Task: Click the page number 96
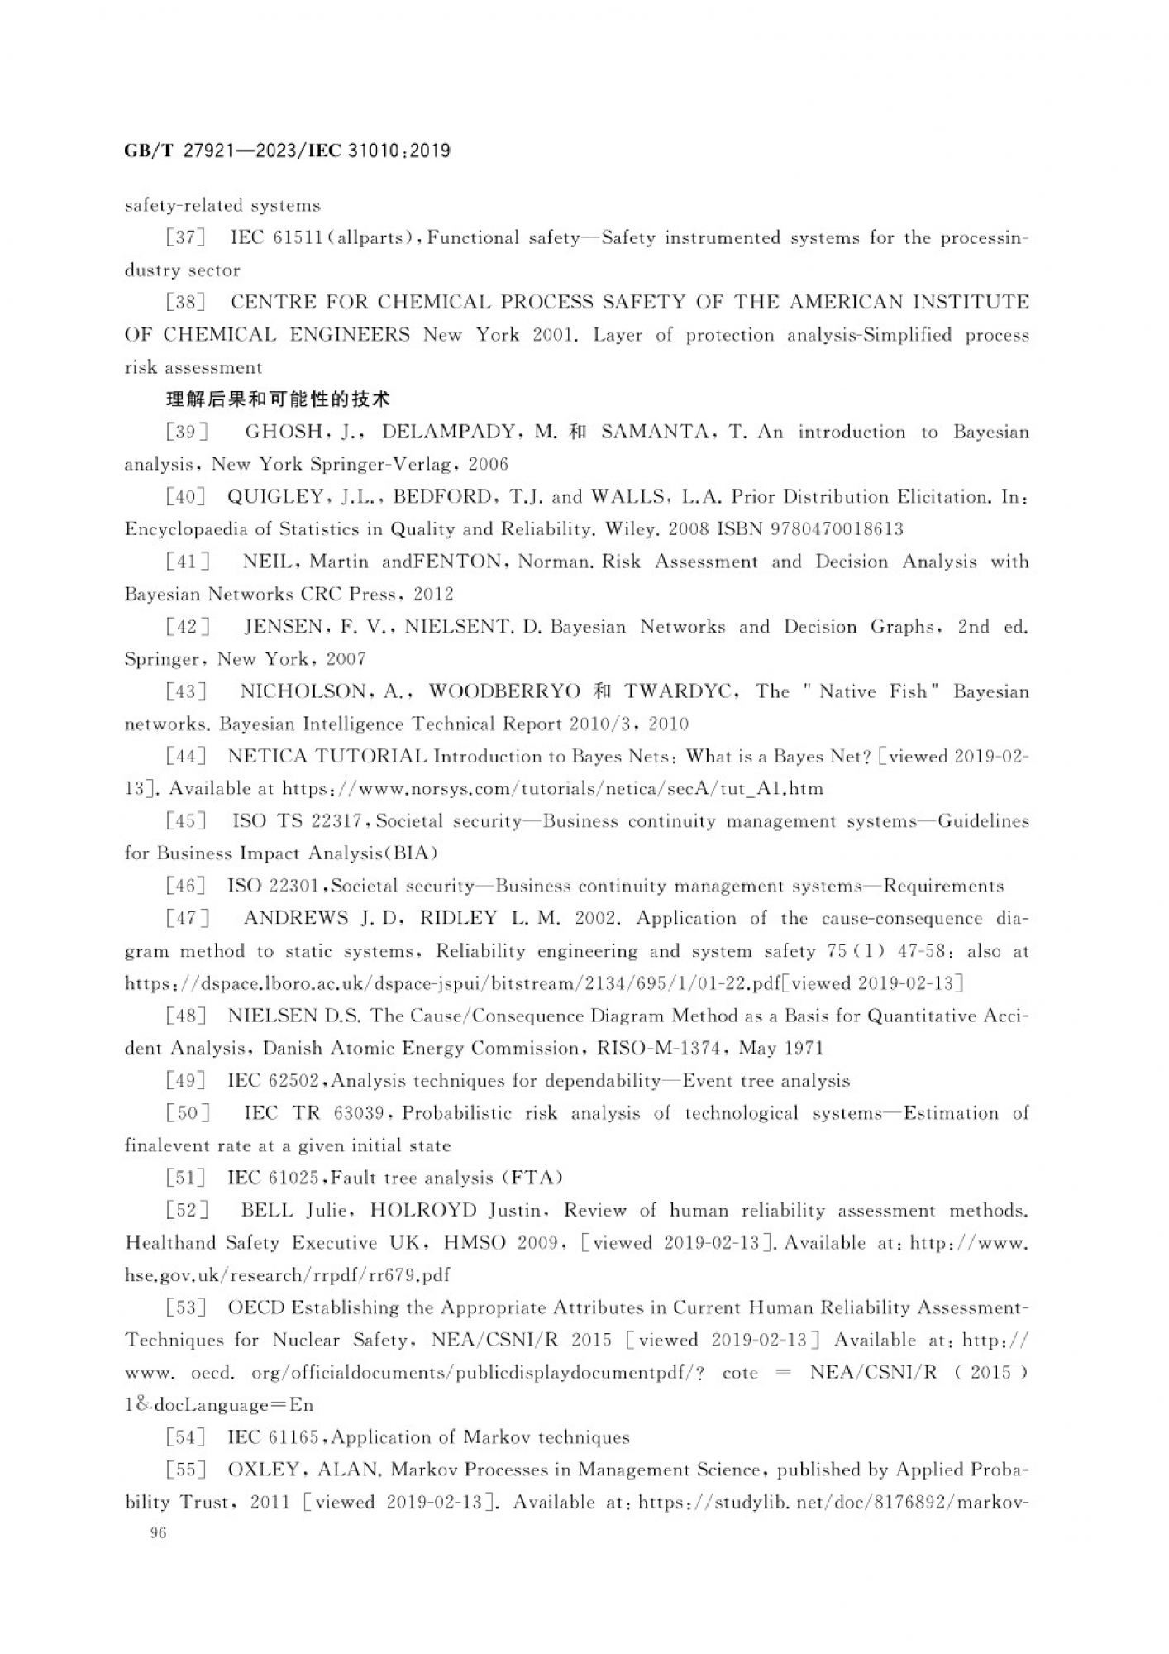158,1532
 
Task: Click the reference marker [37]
184,238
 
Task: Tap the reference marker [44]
184,756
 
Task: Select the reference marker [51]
184,1178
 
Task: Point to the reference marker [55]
184,1470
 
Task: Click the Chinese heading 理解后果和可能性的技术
278,399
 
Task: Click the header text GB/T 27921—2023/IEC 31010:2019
287,151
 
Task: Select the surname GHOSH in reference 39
284,432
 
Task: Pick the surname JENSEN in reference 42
284,627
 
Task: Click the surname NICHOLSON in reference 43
303,691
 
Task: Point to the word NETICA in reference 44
267,756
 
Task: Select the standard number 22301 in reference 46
294,886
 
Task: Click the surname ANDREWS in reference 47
296,918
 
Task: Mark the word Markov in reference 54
494,1437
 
